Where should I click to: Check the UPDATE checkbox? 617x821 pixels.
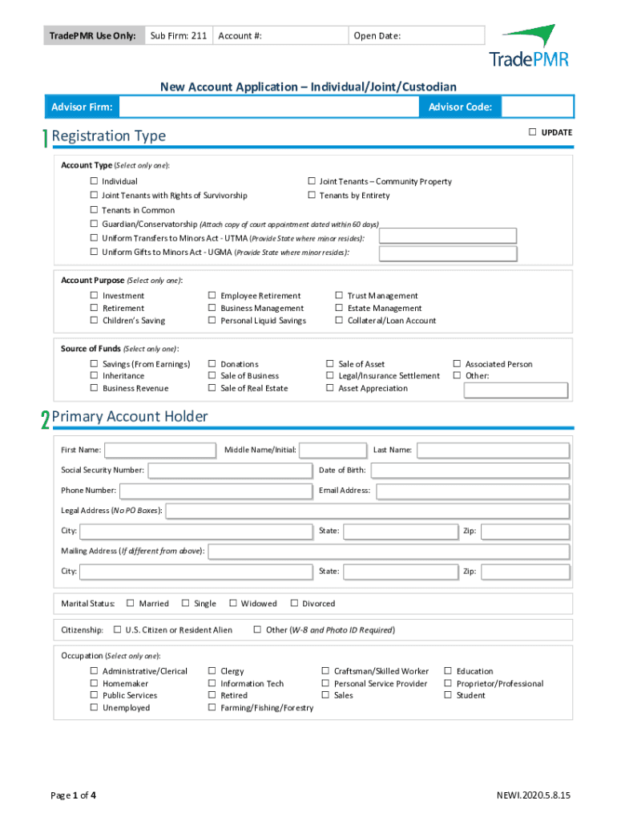coord(532,131)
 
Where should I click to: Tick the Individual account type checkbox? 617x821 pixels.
coord(94,182)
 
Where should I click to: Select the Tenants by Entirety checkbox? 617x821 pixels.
coord(311,196)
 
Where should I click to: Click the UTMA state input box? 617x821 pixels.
coord(447,236)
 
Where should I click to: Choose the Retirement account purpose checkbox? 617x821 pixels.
coord(94,308)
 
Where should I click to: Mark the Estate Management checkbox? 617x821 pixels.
coord(339,308)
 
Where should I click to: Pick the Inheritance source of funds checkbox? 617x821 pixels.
coord(94,376)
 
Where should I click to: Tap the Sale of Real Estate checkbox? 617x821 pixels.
coord(212,388)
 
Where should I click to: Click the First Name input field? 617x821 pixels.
coord(159,450)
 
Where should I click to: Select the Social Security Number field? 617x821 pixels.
coord(230,470)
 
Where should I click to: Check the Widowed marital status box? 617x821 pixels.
coord(233,603)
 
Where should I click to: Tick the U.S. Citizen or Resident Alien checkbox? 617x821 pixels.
coord(117,630)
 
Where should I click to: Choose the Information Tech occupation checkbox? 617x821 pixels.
coord(212,684)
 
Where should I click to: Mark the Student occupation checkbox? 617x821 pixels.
coord(448,696)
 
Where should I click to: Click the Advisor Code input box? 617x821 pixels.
coord(538,107)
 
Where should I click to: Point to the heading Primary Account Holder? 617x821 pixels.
coord(129,416)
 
